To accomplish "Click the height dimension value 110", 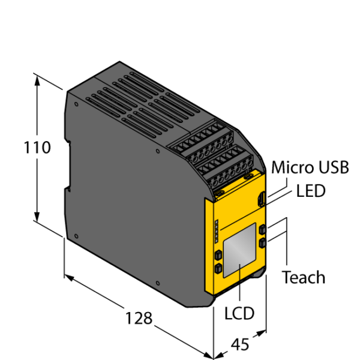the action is [x=37, y=147].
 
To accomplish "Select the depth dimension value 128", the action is [x=139, y=318].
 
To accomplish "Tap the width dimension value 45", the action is [x=240, y=344].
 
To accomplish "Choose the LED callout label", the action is [x=311, y=191].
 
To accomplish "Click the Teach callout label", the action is [x=303, y=277].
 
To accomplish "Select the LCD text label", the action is [x=239, y=313].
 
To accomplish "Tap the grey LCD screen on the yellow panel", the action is [x=239, y=250].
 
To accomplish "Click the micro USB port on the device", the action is [x=261, y=199].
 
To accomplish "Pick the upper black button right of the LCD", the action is [x=262, y=229].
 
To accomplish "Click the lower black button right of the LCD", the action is [x=262, y=243].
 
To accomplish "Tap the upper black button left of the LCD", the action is [x=218, y=255].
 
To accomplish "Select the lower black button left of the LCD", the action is [x=218, y=268].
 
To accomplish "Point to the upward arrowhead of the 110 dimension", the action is [x=37, y=81].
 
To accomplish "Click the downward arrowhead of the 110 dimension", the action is [x=37, y=217].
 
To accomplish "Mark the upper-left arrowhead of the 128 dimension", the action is [x=69, y=278].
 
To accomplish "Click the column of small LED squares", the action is [x=216, y=231].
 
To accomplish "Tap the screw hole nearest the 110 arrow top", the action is [x=76, y=104].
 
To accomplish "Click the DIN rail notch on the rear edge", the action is [x=68, y=166].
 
